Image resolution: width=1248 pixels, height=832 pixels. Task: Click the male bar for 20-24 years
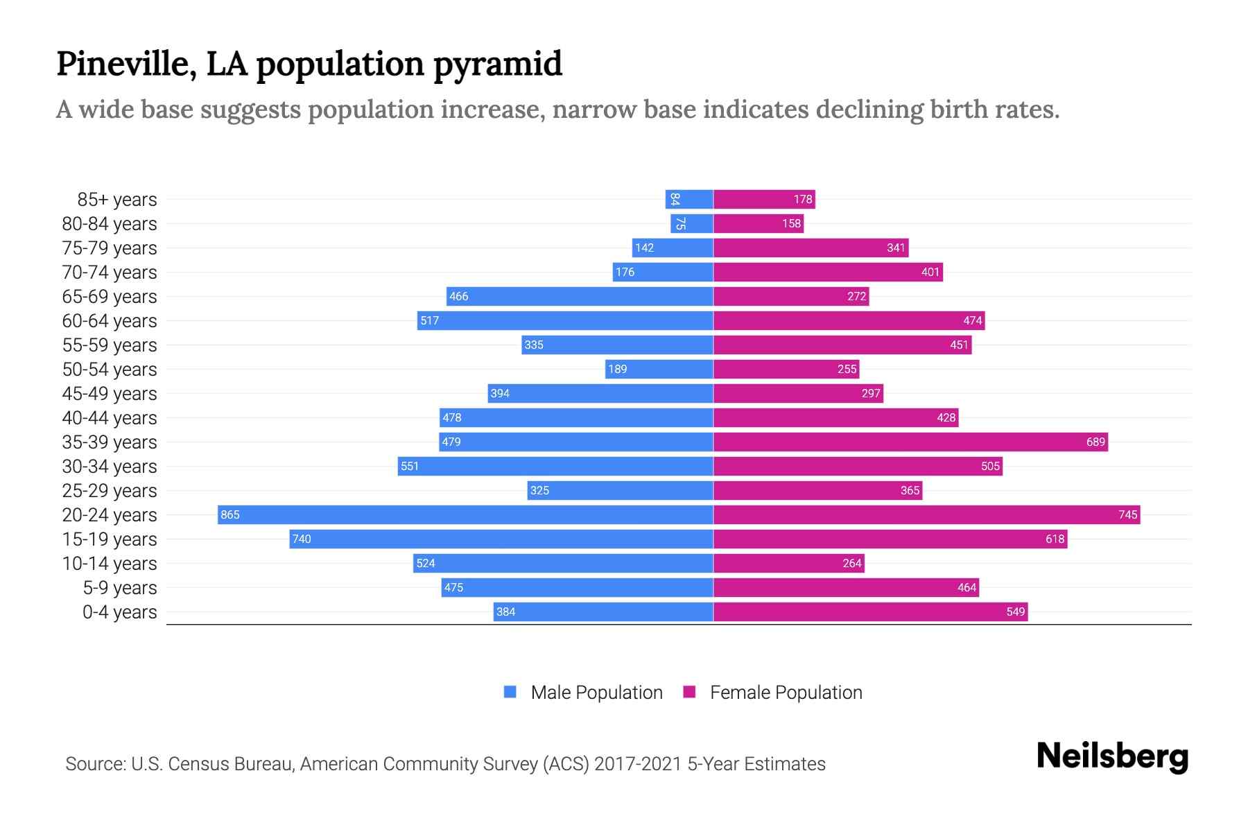[465, 514]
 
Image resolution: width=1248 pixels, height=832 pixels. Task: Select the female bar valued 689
[910, 442]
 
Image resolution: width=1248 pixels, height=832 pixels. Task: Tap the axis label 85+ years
[116, 200]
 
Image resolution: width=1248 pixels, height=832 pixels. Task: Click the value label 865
[229, 514]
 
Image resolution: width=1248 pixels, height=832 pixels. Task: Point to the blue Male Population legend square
[510, 692]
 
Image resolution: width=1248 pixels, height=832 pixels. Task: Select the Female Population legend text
[786, 692]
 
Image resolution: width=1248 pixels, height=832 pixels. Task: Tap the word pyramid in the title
[497, 64]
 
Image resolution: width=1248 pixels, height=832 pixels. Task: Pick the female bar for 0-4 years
[870, 612]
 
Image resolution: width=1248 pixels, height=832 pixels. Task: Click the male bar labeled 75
[692, 223]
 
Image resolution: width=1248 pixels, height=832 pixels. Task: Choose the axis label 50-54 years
[110, 370]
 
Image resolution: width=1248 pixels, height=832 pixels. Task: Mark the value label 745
[1127, 514]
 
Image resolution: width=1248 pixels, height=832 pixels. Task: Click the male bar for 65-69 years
[580, 296]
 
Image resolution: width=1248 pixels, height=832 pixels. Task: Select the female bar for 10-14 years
[788, 563]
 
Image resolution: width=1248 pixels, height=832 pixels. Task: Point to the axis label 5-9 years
[119, 588]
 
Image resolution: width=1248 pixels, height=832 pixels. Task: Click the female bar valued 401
[828, 272]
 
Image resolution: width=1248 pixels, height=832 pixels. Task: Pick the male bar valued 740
[501, 539]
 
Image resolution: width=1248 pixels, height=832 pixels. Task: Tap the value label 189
[617, 369]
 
